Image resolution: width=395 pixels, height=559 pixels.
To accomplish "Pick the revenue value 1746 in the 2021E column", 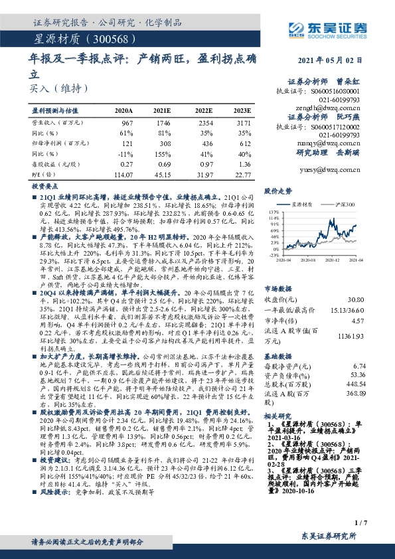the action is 163,123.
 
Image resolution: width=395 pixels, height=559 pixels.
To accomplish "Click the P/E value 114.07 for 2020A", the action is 123,175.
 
